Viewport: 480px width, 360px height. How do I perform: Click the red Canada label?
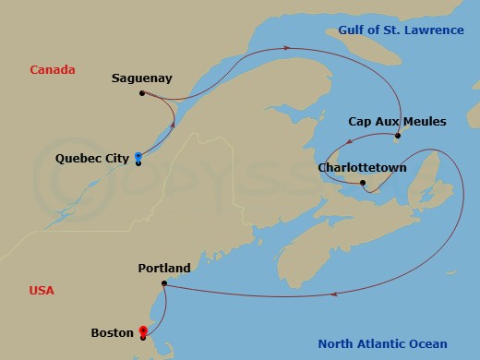coord(52,70)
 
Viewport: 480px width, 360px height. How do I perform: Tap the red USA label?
coord(42,290)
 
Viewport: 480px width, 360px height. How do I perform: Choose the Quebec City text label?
coord(92,159)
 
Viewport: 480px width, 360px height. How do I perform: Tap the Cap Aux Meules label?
coord(397,121)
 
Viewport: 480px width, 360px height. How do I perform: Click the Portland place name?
coord(163,269)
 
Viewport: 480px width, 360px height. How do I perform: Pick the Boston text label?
coord(113,332)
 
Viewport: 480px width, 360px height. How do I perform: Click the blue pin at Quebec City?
coord(138,157)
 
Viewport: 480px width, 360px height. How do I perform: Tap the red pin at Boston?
coord(142,331)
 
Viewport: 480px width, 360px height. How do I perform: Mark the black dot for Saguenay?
coord(141,93)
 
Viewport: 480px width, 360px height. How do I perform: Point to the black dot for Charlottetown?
coord(363,183)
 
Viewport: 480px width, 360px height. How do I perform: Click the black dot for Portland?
coord(163,283)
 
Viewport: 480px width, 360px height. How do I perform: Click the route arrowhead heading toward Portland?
coord(332,295)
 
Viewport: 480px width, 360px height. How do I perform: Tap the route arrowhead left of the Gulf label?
coord(287,47)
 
